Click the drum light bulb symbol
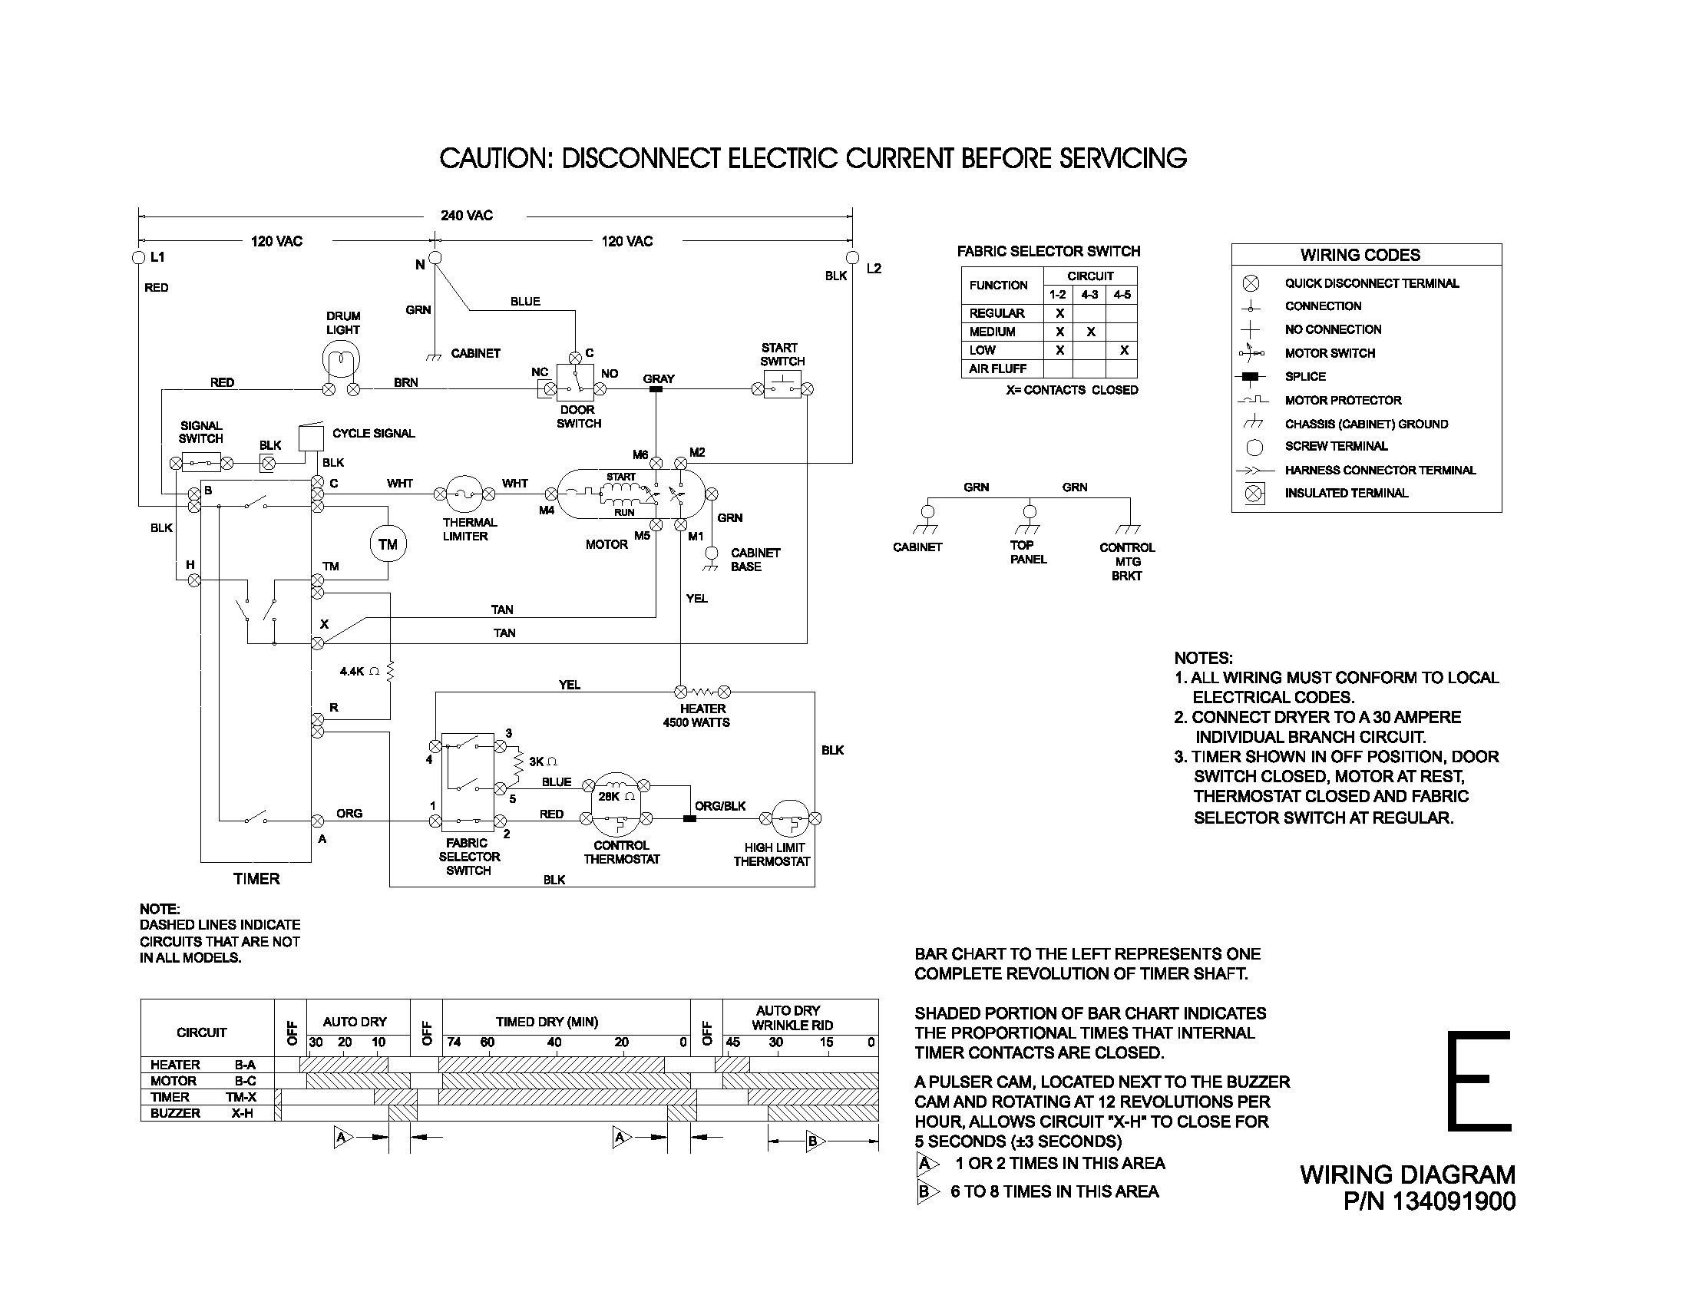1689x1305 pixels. (x=341, y=360)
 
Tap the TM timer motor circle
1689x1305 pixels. (x=388, y=544)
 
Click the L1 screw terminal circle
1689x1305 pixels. (x=139, y=257)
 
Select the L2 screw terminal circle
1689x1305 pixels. (x=852, y=257)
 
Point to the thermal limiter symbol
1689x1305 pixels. (x=464, y=494)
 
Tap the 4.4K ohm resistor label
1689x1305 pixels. (x=359, y=672)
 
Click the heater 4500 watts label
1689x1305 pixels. (x=697, y=716)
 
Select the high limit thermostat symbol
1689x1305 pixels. (x=789, y=818)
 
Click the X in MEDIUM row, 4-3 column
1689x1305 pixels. (x=1090, y=332)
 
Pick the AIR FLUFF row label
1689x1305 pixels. (x=997, y=368)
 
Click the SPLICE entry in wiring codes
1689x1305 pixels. (x=1305, y=376)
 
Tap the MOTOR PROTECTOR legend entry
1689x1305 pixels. (x=1343, y=401)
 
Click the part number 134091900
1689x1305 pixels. (x=1453, y=1201)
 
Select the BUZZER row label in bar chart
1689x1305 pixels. (x=176, y=1113)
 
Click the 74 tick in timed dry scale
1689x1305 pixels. (x=453, y=1042)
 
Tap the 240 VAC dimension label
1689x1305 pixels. (x=466, y=216)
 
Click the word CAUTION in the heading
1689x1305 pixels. (x=495, y=158)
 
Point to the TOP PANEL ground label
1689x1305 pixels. (x=1028, y=552)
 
